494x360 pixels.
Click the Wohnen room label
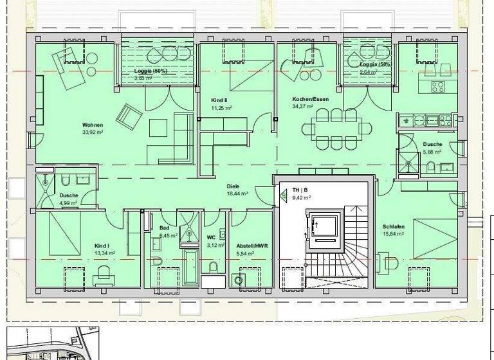[93, 125]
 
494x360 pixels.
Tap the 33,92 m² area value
[93, 132]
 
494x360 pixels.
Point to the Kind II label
[219, 101]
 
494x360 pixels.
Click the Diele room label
[233, 186]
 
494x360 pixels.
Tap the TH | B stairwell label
[300, 191]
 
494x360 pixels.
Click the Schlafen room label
[393, 227]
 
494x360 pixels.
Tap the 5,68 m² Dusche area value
[432, 152]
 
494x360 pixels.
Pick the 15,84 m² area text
[393, 234]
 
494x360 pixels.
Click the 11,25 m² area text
[221, 108]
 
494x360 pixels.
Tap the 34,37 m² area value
[302, 106]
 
